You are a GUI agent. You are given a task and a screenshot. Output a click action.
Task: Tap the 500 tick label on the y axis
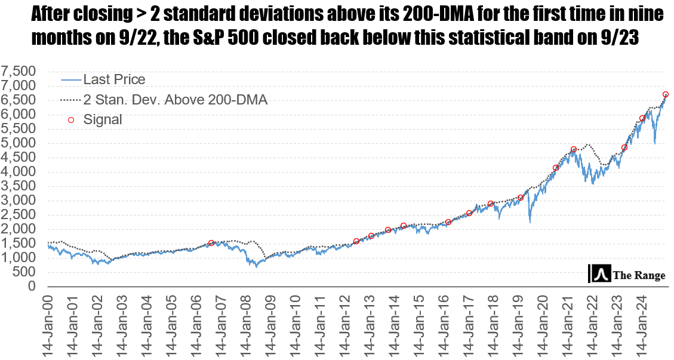coord(27,272)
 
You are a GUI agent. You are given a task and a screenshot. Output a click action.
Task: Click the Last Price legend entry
coord(114,79)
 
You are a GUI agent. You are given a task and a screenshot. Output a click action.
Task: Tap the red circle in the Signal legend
coord(71,120)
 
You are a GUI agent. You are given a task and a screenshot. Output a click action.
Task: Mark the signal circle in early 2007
coord(211,243)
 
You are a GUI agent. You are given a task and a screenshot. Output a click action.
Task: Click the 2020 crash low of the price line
coord(530,223)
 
